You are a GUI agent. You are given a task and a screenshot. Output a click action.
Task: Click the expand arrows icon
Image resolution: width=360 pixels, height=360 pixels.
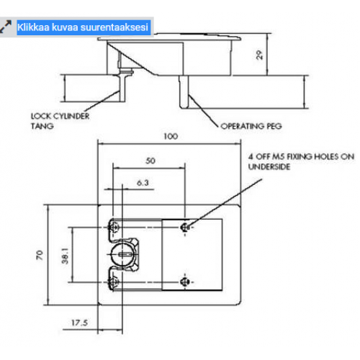pyautogui.click(x=6, y=27)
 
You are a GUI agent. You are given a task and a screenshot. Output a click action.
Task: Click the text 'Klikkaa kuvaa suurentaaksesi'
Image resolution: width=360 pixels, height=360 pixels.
pyautogui.click(x=83, y=27)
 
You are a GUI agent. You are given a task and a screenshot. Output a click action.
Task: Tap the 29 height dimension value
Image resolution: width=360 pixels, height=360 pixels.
pyautogui.click(x=259, y=55)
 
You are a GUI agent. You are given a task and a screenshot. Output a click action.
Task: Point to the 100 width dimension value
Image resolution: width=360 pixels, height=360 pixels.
pyautogui.click(x=171, y=136)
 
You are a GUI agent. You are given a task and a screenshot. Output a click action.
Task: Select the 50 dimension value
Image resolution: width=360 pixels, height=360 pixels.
pyautogui.click(x=150, y=161)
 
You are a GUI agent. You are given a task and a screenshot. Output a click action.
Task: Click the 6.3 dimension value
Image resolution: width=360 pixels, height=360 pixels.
pyautogui.click(x=143, y=183)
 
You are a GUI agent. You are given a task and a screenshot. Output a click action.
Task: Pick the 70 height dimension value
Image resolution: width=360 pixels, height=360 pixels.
pyautogui.click(x=40, y=255)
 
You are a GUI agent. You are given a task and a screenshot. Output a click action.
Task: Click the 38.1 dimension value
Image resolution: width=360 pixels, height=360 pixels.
pyautogui.click(x=65, y=256)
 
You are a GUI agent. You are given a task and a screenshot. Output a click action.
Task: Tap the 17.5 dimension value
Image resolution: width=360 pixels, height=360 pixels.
pyautogui.click(x=79, y=323)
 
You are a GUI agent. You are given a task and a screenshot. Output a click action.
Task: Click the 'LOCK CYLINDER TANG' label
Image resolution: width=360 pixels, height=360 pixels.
pyautogui.click(x=60, y=121)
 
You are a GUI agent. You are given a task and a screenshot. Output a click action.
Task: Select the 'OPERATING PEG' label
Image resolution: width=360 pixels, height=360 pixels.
pyautogui.click(x=251, y=126)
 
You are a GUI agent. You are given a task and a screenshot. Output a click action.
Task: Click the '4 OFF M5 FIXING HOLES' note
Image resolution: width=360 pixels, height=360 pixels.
pyautogui.click(x=301, y=161)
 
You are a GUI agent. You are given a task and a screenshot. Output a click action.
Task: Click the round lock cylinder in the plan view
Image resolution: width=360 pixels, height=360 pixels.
pyautogui.click(x=122, y=254)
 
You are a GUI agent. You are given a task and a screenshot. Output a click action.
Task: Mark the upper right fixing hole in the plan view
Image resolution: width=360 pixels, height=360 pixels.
pyautogui.click(x=185, y=227)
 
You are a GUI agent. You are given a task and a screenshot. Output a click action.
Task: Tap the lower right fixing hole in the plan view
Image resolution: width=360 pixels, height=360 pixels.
pyautogui.click(x=185, y=282)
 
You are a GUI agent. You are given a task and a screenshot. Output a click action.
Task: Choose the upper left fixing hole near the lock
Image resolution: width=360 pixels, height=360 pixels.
pyautogui.click(x=114, y=227)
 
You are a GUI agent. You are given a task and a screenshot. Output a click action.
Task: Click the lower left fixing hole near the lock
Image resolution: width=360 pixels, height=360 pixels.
pyautogui.click(x=114, y=282)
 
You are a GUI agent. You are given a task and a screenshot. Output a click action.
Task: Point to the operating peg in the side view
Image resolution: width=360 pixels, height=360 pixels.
pyautogui.click(x=184, y=91)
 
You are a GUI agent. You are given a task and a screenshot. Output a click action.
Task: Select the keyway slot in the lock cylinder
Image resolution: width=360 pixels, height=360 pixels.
pyautogui.click(x=125, y=255)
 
